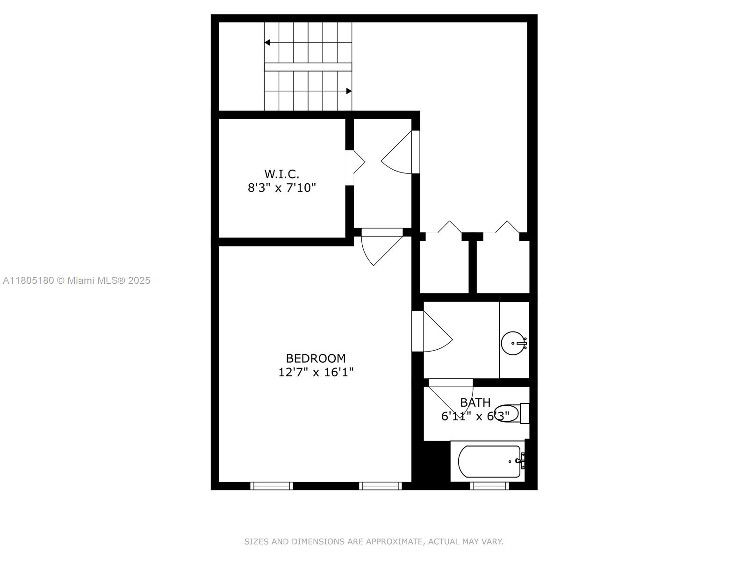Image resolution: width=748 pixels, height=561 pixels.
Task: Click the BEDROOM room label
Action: [316, 358]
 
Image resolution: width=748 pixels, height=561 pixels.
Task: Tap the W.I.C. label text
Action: [282, 174]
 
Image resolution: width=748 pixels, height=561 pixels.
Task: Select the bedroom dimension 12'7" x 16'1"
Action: [316, 372]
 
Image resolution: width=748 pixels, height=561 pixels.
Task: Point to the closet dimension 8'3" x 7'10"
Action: [282, 187]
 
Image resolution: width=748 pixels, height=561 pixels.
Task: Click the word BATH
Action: [475, 403]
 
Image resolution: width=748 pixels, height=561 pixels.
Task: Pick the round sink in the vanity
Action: [513, 343]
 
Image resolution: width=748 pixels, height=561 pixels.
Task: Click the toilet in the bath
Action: [511, 414]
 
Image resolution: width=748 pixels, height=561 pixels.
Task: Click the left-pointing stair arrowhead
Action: [267, 43]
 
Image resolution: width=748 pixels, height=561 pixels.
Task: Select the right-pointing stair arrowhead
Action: [349, 91]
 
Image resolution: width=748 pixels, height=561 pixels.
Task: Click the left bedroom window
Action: [272, 486]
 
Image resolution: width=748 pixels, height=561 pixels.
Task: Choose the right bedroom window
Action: [380, 486]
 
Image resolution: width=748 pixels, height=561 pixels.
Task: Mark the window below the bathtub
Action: [489, 486]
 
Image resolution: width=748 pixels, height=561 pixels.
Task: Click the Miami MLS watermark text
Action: [77, 280]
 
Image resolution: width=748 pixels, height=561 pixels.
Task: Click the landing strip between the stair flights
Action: [308, 67]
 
